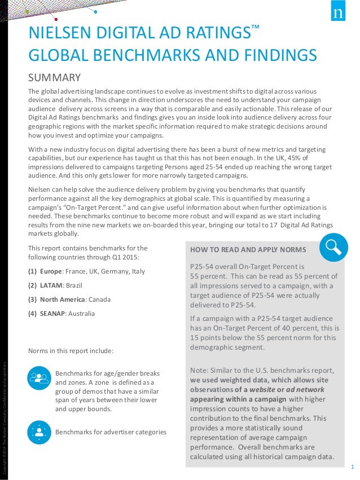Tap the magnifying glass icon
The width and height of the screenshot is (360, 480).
pos(333,248)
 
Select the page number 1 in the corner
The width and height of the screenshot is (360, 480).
pos(352,466)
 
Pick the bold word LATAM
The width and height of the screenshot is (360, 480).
pos(51,285)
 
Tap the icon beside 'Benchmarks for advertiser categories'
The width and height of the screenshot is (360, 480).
pos(39,432)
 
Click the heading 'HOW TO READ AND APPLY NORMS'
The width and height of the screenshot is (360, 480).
pos(248,249)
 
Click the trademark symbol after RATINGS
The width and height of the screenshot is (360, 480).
pos(255,28)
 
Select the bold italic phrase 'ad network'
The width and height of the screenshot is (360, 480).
pos(305,389)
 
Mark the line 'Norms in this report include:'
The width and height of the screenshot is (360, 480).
pos(71,350)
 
